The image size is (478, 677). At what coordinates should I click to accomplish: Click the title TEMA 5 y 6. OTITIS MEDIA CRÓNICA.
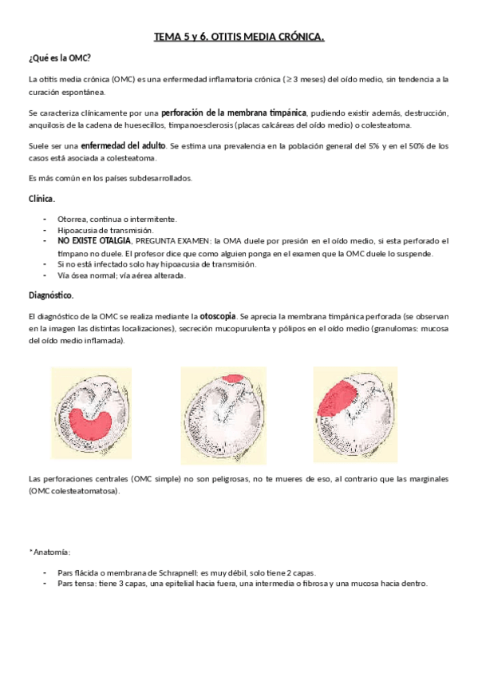coord(239,38)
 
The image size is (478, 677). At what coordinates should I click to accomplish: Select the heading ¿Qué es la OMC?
coord(59,58)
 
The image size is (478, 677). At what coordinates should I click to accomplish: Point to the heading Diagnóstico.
coord(51,295)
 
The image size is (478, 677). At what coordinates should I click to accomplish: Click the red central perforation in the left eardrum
coord(98,428)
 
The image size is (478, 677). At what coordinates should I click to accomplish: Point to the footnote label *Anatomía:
coord(49,552)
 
